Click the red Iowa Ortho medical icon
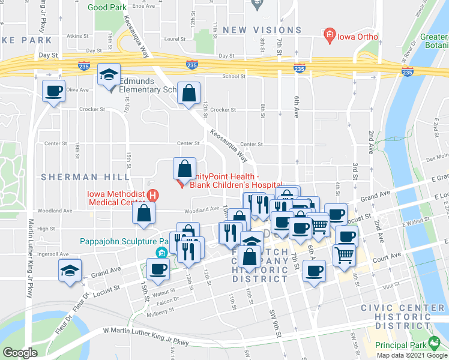click(x=329, y=37)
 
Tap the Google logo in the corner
click(x=20, y=353)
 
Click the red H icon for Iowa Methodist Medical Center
click(x=152, y=196)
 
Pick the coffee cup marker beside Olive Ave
click(x=53, y=92)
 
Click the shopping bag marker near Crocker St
click(x=188, y=94)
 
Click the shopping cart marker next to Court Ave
click(x=345, y=254)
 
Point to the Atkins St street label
click(x=78, y=36)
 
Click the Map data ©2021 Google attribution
click(x=409, y=355)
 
